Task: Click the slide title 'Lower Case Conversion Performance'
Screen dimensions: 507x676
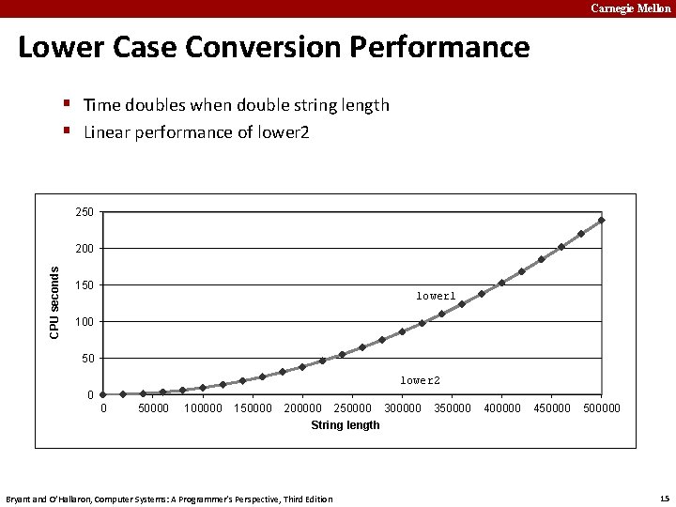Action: pyautogui.click(x=273, y=47)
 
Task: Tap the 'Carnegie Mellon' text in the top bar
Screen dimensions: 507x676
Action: pyautogui.click(x=630, y=8)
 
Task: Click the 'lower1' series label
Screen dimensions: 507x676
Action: pyautogui.click(x=436, y=296)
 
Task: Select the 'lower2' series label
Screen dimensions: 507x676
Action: pyautogui.click(x=420, y=380)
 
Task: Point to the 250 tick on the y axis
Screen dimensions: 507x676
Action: pyautogui.click(x=84, y=212)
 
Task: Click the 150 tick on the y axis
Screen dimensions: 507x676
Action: pyautogui.click(x=84, y=285)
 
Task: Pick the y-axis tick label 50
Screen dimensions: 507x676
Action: pyautogui.click(x=87, y=359)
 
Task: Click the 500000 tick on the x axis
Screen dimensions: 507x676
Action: pyautogui.click(x=602, y=408)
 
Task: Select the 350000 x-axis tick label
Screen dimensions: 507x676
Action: pyautogui.click(x=453, y=408)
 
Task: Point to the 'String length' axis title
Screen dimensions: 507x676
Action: pyautogui.click(x=346, y=425)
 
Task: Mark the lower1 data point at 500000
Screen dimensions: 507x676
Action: pyautogui.click(x=601, y=221)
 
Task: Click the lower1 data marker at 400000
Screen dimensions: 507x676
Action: pyautogui.click(x=501, y=283)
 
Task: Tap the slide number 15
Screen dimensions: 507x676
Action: pyautogui.click(x=664, y=498)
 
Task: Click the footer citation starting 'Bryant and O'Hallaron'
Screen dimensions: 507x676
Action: pyautogui.click(x=169, y=499)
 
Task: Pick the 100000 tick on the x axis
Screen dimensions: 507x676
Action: pyautogui.click(x=204, y=408)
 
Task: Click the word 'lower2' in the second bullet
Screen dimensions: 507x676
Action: pyautogui.click(x=284, y=132)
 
